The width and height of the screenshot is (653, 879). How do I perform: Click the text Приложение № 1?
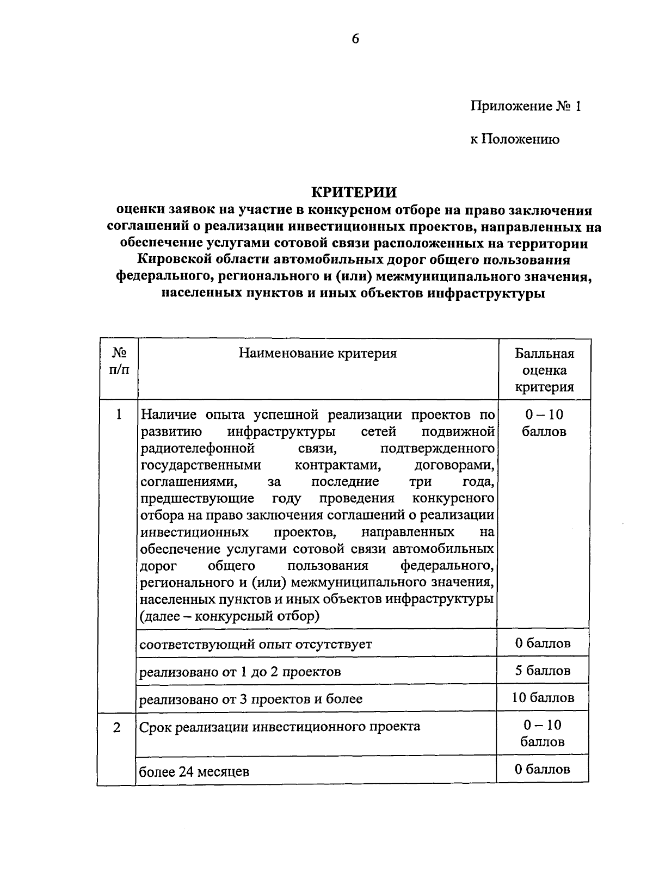click(526, 106)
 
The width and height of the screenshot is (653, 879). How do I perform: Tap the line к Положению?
click(514, 140)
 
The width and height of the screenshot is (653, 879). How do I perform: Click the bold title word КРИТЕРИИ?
click(354, 193)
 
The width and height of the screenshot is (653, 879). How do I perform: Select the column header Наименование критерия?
click(318, 354)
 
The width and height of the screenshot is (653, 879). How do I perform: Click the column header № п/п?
click(119, 362)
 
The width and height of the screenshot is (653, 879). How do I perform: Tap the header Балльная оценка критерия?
click(544, 370)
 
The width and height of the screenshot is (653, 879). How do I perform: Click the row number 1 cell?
click(119, 415)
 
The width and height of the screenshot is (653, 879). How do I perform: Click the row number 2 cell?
click(117, 727)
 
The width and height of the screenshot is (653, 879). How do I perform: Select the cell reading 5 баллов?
click(543, 671)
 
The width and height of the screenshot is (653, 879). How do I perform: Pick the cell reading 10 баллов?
click(543, 698)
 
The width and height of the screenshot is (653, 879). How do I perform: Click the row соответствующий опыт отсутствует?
click(256, 645)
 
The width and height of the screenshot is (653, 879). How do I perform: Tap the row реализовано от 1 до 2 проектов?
click(240, 672)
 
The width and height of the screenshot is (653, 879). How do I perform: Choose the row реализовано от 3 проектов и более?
click(251, 699)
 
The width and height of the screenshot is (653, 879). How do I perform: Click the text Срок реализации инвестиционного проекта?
click(280, 727)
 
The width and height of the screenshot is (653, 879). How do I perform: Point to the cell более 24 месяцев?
click(194, 771)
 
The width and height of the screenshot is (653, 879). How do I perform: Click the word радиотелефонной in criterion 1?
click(198, 449)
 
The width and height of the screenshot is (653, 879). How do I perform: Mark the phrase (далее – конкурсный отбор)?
click(230, 616)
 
